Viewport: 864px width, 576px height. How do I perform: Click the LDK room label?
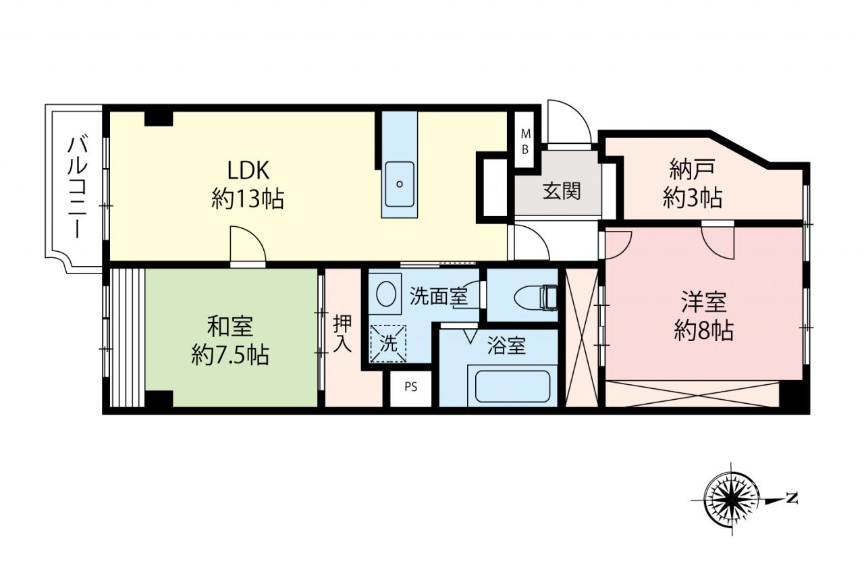click(x=248, y=171)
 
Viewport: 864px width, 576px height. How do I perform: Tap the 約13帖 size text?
click(x=248, y=199)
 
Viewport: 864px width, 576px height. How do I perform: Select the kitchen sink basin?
click(x=400, y=184)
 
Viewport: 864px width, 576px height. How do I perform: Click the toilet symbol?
click(x=536, y=297)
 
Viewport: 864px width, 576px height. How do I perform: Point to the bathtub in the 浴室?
click(x=512, y=386)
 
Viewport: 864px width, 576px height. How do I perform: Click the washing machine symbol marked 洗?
click(x=388, y=344)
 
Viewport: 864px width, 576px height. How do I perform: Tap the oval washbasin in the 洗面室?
click(x=385, y=294)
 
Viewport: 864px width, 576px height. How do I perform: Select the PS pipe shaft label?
click(x=411, y=386)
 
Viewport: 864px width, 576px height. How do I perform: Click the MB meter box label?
click(x=525, y=142)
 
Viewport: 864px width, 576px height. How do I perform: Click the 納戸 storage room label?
click(x=693, y=169)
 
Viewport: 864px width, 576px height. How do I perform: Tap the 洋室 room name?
click(x=704, y=302)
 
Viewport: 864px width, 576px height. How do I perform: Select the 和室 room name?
click(x=230, y=326)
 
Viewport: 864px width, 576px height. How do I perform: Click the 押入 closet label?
click(x=342, y=334)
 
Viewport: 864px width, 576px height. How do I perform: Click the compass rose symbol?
click(x=731, y=498)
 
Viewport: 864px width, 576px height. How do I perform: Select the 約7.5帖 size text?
click(x=230, y=355)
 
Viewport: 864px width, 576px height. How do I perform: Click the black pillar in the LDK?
click(x=159, y=118)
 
